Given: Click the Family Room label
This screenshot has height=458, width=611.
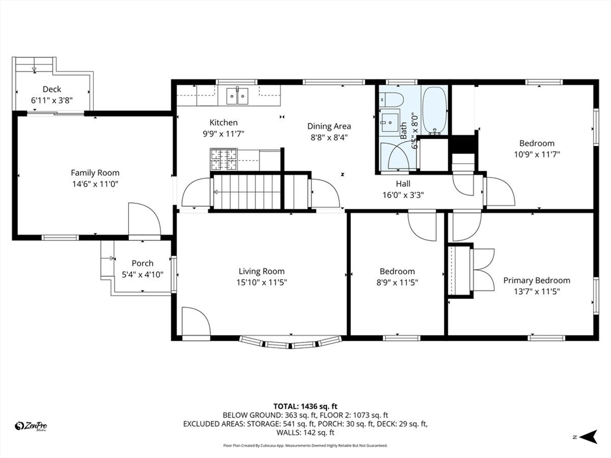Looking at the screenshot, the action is point(95,172).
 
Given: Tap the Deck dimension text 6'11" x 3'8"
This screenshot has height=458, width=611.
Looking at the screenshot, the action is point(52,100).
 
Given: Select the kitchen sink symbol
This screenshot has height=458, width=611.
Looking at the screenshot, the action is point(237,96).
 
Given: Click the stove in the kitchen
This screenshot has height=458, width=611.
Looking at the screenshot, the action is point(224,159).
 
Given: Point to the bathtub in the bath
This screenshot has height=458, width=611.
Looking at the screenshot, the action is point(434,110).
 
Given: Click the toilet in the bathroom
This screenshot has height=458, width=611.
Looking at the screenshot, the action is point(391,100).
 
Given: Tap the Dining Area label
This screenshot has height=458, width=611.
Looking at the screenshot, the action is point(329,126).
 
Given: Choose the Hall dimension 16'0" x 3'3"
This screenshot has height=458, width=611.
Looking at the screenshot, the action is point(403,195).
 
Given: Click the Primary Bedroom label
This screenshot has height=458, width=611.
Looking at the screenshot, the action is point(536,280).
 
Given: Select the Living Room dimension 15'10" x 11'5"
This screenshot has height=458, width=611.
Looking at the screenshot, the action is point(261,282).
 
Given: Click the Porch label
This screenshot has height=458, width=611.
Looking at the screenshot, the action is point(142,263).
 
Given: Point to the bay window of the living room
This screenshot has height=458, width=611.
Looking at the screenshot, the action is point(291,342).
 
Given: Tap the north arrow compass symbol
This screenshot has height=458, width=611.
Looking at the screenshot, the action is point(588,437).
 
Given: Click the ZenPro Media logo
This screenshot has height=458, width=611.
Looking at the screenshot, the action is point(30,426).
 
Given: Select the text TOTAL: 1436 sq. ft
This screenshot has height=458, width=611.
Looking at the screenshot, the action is point(305,407).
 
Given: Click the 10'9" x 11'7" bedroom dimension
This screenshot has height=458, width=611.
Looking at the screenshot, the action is point(536,154).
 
